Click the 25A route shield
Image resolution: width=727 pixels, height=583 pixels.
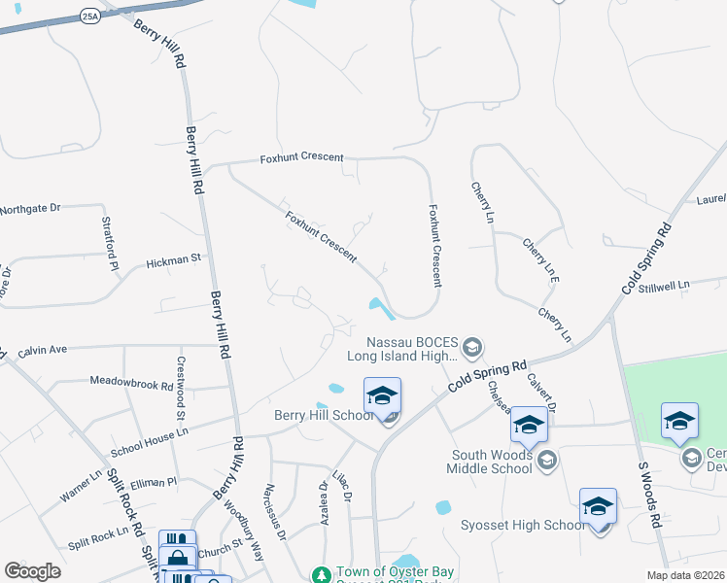(x=90, y=17)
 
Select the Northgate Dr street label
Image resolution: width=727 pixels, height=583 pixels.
(x=30, y=209)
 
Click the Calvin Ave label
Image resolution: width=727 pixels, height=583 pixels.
(x=42, y=349)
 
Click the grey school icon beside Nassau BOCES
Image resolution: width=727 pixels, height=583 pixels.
(x=472, y=347)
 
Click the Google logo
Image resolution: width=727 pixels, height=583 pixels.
(x=32, y=571)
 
